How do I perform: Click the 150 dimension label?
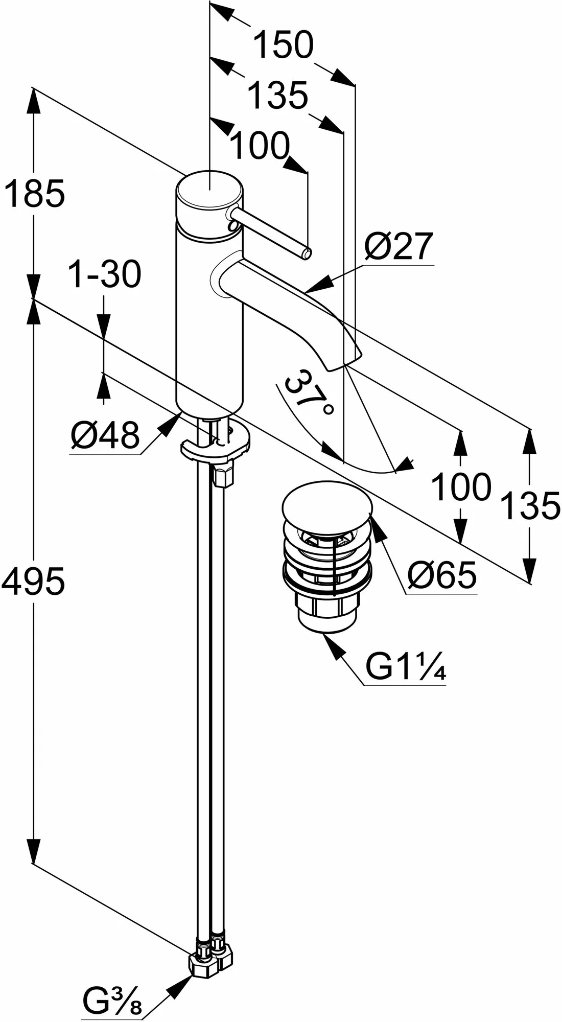coord(284,45)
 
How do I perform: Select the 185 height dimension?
coord(34,193)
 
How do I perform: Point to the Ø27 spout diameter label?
coord(399,247)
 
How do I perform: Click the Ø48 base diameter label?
coord(105,436)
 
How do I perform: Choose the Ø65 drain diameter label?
coord(442,575)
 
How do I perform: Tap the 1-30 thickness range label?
coord(104,274)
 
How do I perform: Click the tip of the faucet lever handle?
coord(307,252)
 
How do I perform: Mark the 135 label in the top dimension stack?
coord(278,96)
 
